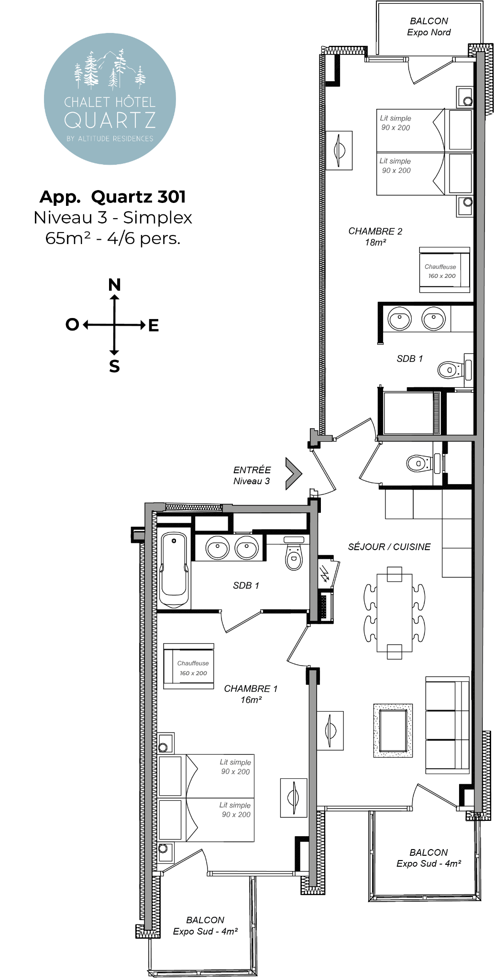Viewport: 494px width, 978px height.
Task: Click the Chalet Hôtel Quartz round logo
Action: pyautogui.click(x=110, y=99)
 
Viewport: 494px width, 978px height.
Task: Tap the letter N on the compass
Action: pyautogui.click(x=114, y=285)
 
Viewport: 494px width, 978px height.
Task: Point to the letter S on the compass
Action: pyautogui.click(x=114, y=366)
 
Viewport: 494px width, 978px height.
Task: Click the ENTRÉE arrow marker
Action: pyautogui.click(x=293, y=474)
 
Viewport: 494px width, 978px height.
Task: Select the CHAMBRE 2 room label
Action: pyautogui.click(x=375, y=236)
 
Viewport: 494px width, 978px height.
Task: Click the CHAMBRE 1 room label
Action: pyautogui.click(x=251, y=694)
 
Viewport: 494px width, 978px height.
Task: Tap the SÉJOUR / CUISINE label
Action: pyautogui.click(x=389, y=547)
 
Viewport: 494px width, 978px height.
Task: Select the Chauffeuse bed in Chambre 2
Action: pyautogui.click(x=444, y=270)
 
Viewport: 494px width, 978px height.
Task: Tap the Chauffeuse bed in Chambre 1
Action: pyautogui.click(x=188, y=666)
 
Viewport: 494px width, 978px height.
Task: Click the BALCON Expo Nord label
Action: pyautogui.click(x=429, y=27)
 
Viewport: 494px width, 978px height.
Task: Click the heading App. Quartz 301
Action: pyautogui.click(x=112, y=196)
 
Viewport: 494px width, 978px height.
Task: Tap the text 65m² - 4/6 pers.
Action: pyautogui.click(x=113, y=238)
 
